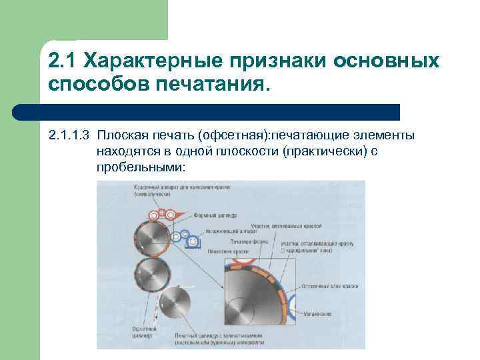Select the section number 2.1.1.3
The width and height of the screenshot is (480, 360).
pyautogui.click(x=69, y=136)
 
